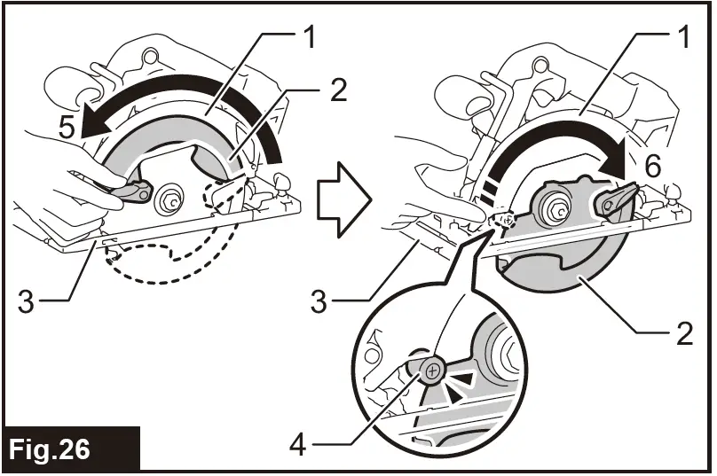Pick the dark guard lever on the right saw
coord(616,199)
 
